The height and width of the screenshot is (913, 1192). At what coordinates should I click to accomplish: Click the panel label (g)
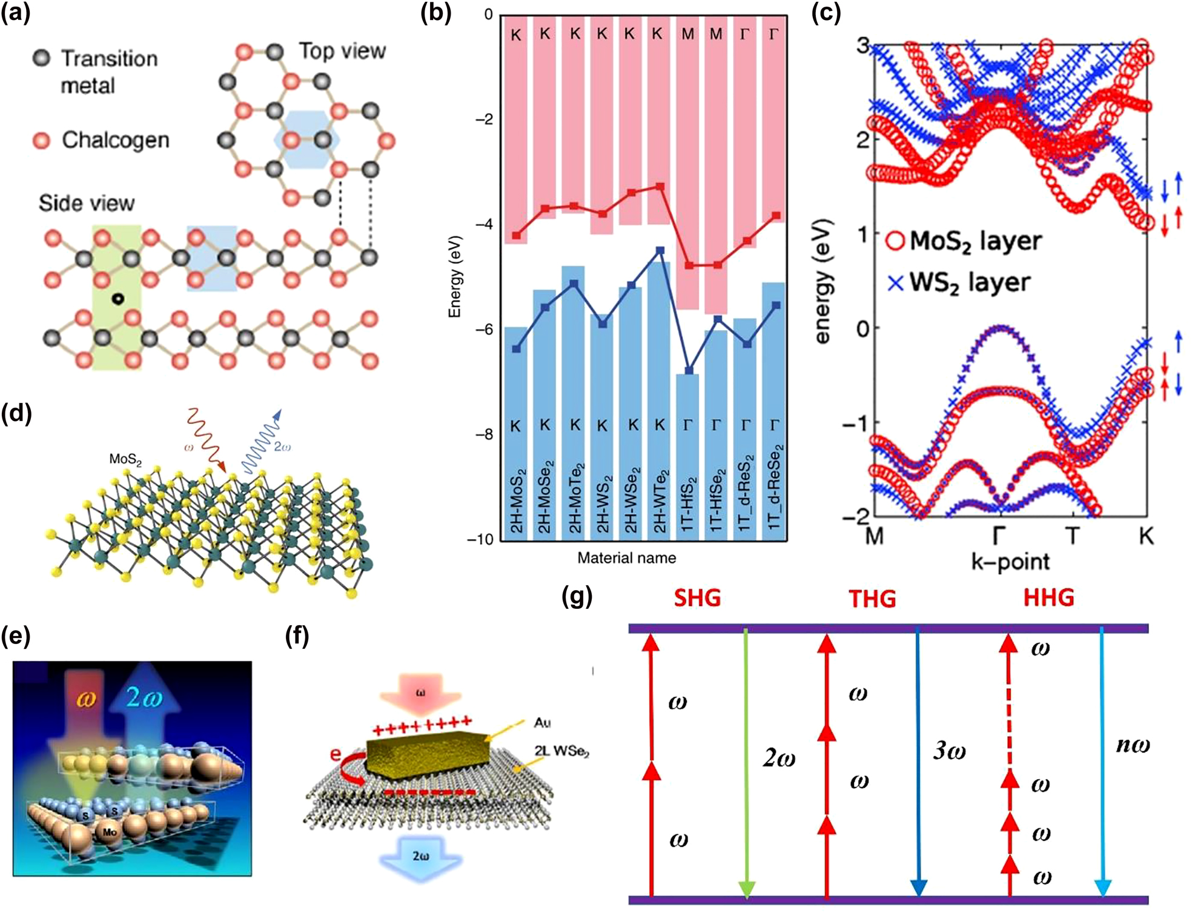coord(576,597)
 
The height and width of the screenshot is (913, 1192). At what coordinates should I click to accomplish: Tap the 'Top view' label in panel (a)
coord(342,51)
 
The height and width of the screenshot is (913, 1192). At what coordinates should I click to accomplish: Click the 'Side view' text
coord(87,203)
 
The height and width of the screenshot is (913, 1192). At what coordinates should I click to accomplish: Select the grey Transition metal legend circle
coord(41,58)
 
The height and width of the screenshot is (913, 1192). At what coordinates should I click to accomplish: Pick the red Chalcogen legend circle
coord(41,141)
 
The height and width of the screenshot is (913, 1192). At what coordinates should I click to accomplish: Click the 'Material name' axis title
coord(626,558)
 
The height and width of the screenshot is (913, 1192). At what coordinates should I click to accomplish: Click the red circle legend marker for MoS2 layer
coord(895,241)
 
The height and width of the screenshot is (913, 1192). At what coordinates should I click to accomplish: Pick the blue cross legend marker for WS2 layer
coord(895,282)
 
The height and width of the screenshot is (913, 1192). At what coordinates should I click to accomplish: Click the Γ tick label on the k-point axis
coord(1000,536)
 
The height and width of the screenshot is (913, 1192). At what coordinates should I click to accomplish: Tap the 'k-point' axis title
coord(1010,562)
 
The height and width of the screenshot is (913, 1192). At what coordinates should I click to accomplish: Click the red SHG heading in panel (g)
coord(697,599)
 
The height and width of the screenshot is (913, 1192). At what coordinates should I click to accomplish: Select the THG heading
coord(872,599)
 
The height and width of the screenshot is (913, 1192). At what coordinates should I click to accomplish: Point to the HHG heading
coord(1048,598)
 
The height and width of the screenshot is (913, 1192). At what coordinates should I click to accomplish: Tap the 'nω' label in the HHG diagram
coord(1132,745)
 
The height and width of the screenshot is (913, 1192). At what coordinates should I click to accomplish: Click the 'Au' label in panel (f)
coord(542,722)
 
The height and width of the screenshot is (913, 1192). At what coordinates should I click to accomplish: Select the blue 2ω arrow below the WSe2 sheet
coord(420,857)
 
